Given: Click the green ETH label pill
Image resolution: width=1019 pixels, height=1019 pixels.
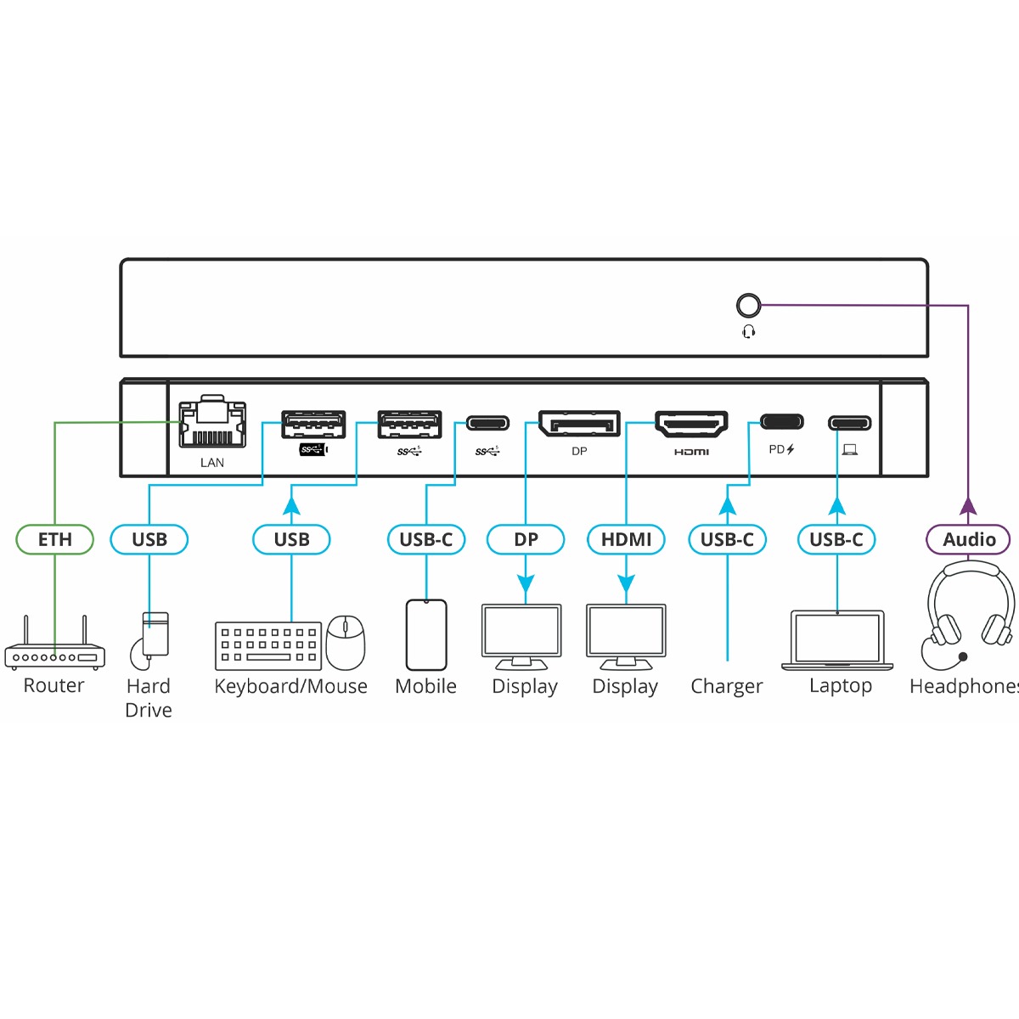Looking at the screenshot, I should [55, 539].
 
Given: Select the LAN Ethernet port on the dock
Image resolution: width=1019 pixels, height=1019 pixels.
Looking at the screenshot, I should [212, 422].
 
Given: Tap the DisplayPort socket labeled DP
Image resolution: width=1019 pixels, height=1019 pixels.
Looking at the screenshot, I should [579, 424].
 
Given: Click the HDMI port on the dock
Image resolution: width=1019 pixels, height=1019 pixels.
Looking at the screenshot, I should [692, 424].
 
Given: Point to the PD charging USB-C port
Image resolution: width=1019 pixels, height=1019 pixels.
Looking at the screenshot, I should [781, 422].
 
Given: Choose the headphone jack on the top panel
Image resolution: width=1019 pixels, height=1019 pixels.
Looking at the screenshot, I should [747, 306].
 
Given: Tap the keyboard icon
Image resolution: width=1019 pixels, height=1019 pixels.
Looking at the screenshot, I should [267, 645].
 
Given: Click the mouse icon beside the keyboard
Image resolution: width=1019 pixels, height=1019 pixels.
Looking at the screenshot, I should [346, 641].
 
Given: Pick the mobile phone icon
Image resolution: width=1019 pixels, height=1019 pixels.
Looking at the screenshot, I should [426, 634].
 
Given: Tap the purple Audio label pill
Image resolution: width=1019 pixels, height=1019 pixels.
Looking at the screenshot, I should [968, 539].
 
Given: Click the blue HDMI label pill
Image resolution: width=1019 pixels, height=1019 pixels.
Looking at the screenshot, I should [626, 539].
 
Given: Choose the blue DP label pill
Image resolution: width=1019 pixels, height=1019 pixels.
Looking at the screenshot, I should [526, 539].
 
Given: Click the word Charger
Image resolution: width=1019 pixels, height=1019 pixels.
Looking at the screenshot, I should [727, 686].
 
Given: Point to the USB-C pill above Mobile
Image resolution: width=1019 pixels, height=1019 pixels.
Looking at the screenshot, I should [426, 539].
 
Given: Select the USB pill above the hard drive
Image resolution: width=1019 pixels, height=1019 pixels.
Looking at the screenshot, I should [149, 539].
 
